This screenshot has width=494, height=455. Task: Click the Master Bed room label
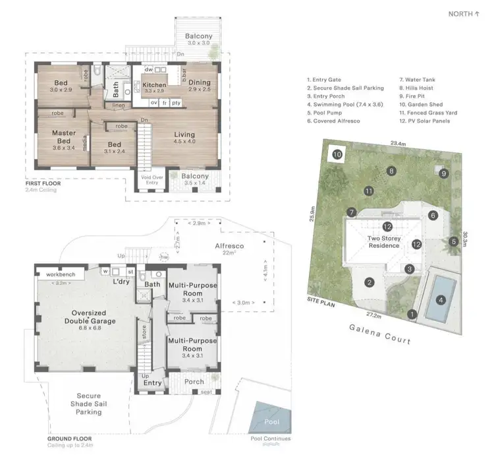click(64, 137)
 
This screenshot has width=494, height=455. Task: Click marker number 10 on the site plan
click(337, 155)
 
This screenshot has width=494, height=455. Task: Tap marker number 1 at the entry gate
click(412, 314)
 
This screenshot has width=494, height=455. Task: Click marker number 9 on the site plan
click(444, 173)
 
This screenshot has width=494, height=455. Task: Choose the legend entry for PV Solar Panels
click(427, 121)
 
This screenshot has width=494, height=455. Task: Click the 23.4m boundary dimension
click(397, 142)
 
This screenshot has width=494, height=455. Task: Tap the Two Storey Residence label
click(383, 241)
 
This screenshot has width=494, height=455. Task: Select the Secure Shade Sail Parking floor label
click(88, 403)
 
